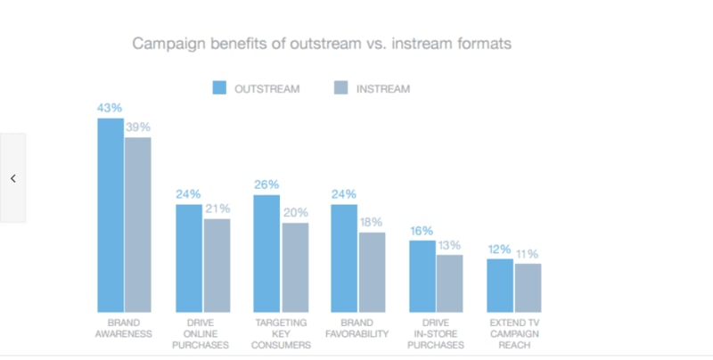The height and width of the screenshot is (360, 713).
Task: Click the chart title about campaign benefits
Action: point(322,43)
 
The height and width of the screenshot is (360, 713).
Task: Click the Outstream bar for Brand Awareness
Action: point(111,214)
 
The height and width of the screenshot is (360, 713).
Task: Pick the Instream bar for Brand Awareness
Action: point(138,224)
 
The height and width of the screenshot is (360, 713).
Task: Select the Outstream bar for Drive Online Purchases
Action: point(188,258)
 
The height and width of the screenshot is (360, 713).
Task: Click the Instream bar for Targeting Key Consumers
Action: point(295,266)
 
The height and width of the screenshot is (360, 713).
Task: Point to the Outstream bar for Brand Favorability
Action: point(344,258)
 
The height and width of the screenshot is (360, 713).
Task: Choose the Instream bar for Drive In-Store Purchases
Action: point(450,282)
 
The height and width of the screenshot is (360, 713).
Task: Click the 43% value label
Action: point(110,108)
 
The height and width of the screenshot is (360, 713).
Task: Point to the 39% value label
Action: point(138,127)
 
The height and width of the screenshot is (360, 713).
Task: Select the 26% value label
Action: point(266,184)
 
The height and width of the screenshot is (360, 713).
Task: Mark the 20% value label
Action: point(296,213)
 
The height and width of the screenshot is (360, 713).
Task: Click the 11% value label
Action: point(529,254)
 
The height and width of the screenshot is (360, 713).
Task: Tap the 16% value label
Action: point(422,231)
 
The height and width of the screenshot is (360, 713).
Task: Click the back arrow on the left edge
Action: point(13,178)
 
